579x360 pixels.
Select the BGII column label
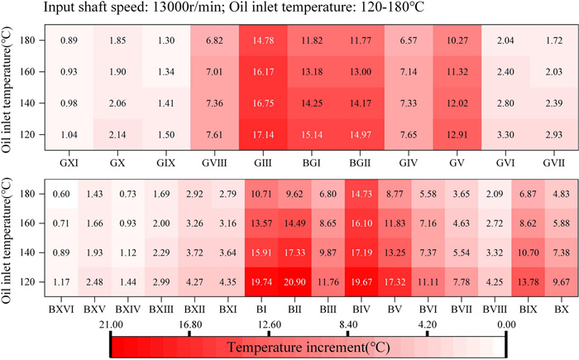361,156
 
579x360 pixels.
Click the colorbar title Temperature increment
307,345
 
